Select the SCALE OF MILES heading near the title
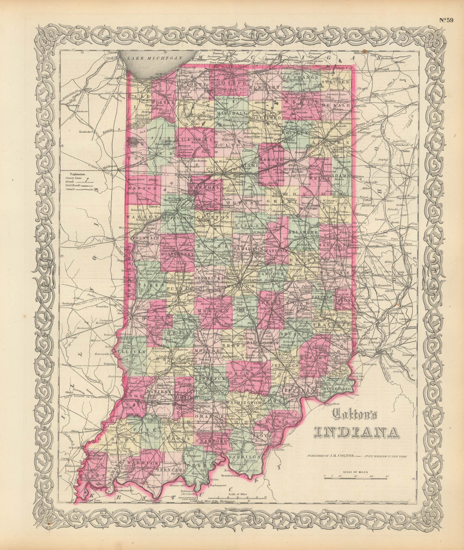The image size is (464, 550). click(355, 473)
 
